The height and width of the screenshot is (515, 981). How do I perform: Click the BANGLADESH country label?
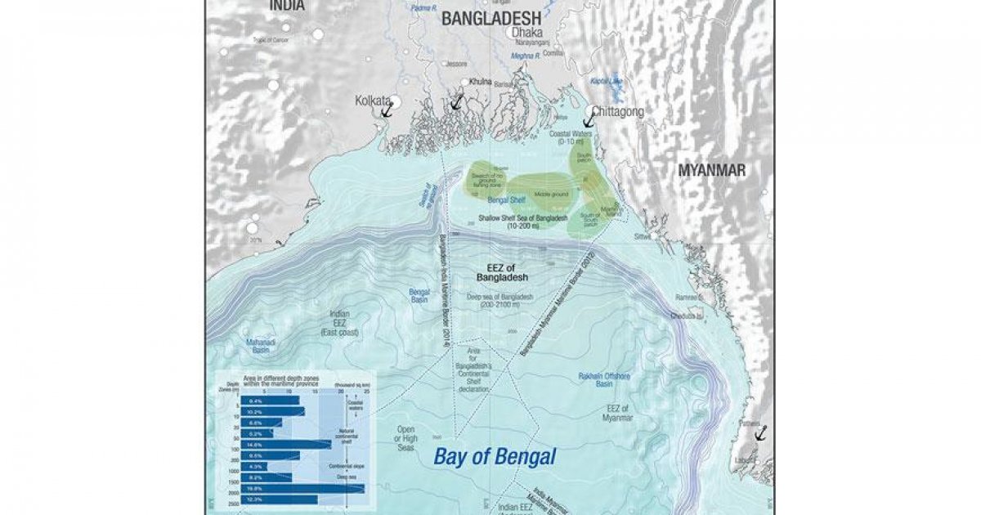point(491,18)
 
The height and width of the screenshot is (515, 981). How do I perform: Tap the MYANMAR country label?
point(711,170)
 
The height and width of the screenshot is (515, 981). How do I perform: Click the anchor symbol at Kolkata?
point(387,110)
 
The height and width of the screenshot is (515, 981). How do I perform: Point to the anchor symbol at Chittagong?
point(589,119)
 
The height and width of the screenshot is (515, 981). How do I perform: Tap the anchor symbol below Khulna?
point(457,101)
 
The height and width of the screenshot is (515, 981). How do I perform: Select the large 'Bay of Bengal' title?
point(495,456)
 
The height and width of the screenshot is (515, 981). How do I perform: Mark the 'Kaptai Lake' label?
point(605,82)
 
